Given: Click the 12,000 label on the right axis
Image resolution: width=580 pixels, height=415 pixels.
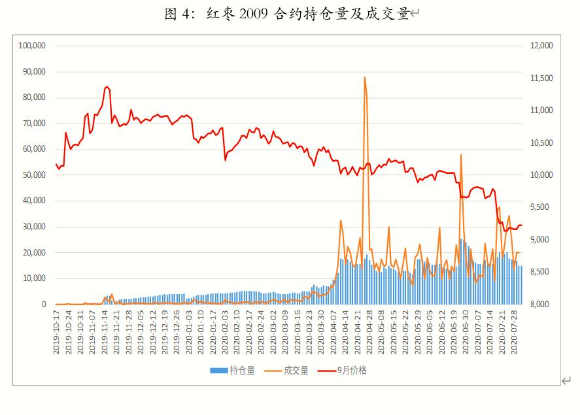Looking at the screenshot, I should (540, 46).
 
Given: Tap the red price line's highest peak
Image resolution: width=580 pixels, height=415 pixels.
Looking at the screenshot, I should (106, 86).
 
